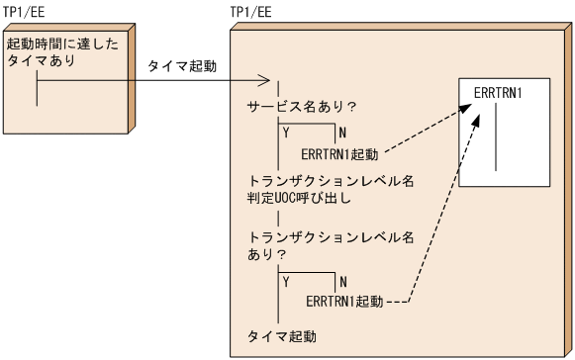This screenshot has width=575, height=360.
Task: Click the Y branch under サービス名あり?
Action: [x=288, y=132]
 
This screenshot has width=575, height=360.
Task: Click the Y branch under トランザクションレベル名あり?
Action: [x=288, y=282]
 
